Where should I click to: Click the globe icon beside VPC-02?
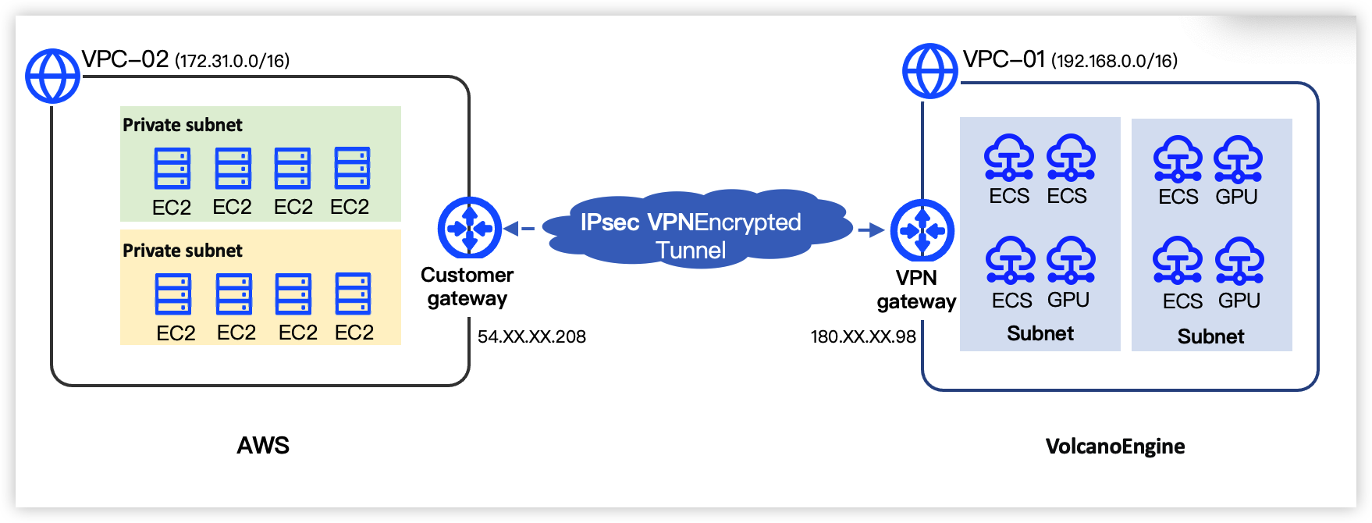[x=52, y=76]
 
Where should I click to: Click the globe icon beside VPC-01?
[x=929, y=71]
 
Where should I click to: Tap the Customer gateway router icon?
[x=470, y=229]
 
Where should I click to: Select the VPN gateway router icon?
[x=922, y=230]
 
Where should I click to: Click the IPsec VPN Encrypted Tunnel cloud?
[x=691, y=230]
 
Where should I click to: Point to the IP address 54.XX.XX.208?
[x=531, y=336]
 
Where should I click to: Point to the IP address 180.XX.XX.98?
[x=863, y=336]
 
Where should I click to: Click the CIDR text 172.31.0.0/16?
[x=233, y=61]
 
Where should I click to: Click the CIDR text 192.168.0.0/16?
[x=1114, y=61]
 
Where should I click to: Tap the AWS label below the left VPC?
[x=263, y=445]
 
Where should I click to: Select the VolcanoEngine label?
[x=1114, y=447]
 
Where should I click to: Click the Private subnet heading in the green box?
[x=183, y=125]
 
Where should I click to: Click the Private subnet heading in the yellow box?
[x=183, y=251]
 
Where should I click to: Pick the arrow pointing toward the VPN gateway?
[x=870, y=229]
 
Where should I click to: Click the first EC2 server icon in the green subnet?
[x=172, y=169]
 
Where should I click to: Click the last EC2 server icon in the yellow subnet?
[x=353, y=294]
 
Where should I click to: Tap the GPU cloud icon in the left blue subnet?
[x=1071, y=260]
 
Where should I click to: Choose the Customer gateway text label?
[x=467, y=286]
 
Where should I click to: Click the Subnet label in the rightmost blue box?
[x=1210, y=336]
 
